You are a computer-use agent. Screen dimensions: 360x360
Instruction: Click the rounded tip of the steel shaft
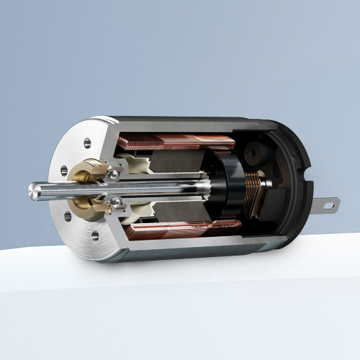click(32, 191)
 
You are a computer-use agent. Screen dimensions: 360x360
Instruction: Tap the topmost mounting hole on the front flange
click(88, 143)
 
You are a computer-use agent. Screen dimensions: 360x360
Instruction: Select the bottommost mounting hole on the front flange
click(94, 235)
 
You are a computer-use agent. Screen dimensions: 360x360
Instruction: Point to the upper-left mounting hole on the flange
click(64, 171)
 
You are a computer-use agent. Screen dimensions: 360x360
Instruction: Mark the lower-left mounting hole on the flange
click(67, 217)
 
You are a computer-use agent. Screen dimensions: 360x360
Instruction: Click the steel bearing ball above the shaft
click(114, 174)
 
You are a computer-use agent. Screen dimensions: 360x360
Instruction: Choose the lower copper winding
click(184, 230)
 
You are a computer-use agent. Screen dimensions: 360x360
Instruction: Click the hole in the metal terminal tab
click(328, 204)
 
